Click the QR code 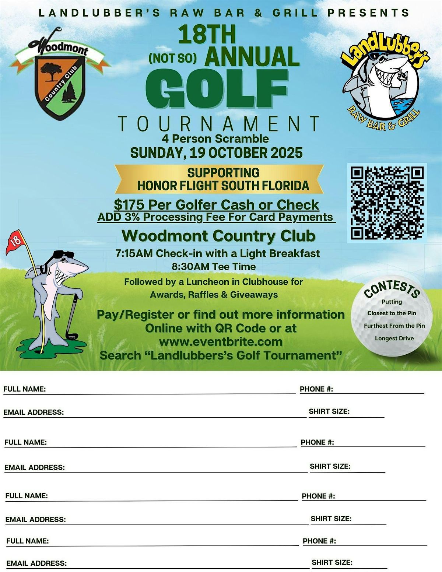point(387,203)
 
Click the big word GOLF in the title point(217,88)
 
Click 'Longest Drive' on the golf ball point(394,338)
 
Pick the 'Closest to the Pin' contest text point(392,313)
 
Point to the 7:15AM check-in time point(134,253)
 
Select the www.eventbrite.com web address point(221,342)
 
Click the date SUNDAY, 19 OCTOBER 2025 point(217,153)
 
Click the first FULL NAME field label point(24,389)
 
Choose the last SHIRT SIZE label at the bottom point(332,562)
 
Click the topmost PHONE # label point(316,389)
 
